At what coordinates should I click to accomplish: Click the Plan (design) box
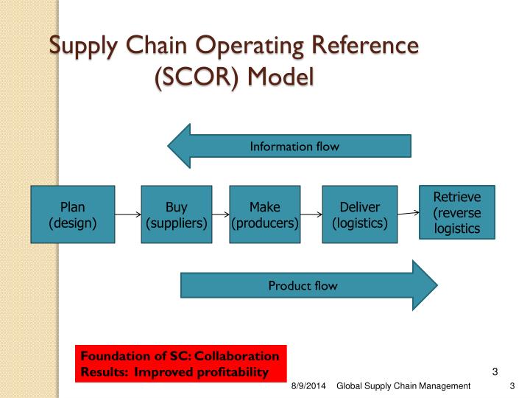point(73,214)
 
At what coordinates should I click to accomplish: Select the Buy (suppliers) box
point(176,214)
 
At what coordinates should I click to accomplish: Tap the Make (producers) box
point(264,214)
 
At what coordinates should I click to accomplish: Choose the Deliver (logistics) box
point(360,214)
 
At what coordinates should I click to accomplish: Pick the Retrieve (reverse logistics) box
point(456,212)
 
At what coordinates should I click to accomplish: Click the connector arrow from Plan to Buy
point(128,214)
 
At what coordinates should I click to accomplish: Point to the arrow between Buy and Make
point(219,214)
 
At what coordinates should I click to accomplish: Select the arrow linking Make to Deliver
point(311,214)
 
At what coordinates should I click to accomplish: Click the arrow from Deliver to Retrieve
point(409,213)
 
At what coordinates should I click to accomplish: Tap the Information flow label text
point(294,146)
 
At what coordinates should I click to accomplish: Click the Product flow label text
point(303,285)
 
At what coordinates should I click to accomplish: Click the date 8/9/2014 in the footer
point(308,386)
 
